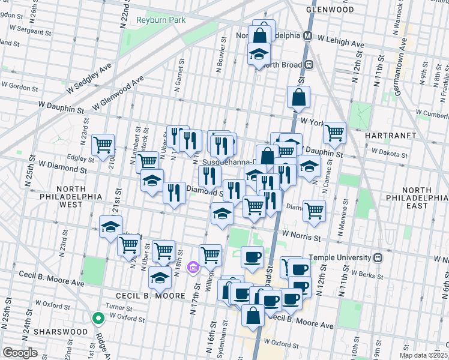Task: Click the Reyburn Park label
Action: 160,20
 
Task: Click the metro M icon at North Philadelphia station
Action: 307,35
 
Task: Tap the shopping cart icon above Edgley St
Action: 103,144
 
